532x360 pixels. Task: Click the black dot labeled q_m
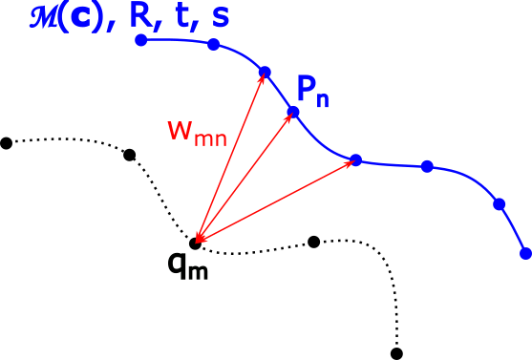pos(196,243)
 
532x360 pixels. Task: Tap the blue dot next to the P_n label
pos(293,112)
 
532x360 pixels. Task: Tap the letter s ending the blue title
pos(221,19)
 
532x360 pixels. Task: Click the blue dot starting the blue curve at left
pos(141,40)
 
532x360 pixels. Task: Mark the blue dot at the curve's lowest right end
pos(525,253)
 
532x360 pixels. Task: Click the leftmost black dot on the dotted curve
pos(7,143)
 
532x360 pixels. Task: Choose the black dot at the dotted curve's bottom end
pos(397,353)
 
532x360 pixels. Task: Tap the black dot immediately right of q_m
pos(313,242)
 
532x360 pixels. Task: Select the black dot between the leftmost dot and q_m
pos(130,155)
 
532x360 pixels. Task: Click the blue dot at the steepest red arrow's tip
pos(265,72)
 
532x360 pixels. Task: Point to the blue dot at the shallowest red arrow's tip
pos(355,159)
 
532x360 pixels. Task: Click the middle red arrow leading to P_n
pos(245,177)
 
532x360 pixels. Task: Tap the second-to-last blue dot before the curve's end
pos(499,203)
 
